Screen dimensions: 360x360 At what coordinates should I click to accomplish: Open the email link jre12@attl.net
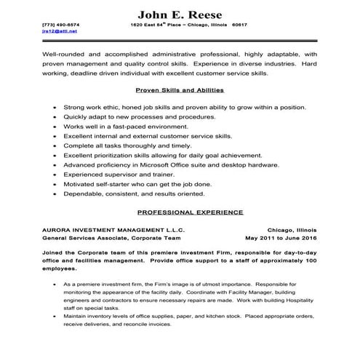[59, 31]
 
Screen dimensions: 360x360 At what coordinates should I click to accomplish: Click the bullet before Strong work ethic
[55, 105]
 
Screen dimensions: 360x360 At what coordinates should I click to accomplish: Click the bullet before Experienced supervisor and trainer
[55, 175]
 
